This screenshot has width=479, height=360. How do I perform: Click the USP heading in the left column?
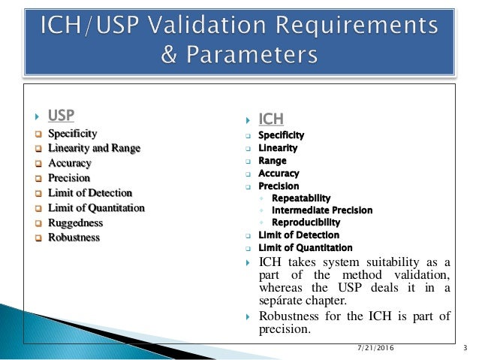[61, 116]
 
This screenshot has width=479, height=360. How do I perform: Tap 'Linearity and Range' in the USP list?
[94, 148]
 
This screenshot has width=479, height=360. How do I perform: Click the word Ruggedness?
[75, 222]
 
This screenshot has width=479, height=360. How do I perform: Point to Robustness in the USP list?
[74, 237]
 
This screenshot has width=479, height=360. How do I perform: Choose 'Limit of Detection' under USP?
[90, 193]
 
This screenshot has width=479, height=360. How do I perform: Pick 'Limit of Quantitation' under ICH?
[305, 247]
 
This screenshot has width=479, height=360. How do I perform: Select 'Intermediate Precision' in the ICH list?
[321, 210]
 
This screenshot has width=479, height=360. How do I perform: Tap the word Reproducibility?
[306, 222]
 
